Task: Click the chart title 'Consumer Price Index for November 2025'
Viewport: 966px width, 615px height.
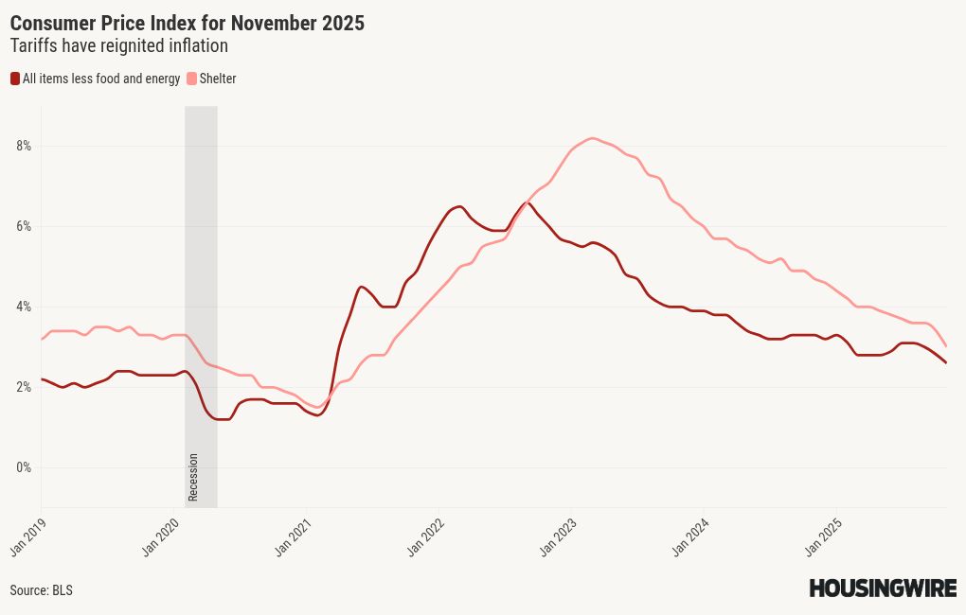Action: pos(187,24)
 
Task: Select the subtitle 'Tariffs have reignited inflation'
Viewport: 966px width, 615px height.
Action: pos(119,45)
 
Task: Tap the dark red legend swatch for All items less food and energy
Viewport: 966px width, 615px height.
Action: pos(15,79)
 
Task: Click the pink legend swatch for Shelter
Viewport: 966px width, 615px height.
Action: pos(192,79)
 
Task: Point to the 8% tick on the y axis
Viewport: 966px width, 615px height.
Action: pos(23,146)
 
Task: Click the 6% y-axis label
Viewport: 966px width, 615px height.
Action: pos(23,226)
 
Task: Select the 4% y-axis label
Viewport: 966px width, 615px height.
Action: pos(23,307)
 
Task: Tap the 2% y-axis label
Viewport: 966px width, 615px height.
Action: pos(23,387)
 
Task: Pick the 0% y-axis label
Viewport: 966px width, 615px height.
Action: pos(23,467)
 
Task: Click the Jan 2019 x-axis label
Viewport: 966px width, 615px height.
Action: pos(28,536)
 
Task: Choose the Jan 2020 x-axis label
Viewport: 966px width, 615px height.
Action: pos(162,536)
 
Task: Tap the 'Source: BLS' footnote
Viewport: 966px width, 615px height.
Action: pos(41,590)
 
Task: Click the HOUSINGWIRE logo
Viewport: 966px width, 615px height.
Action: pos(882,589)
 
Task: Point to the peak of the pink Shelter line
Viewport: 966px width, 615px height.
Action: pos(592,138)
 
